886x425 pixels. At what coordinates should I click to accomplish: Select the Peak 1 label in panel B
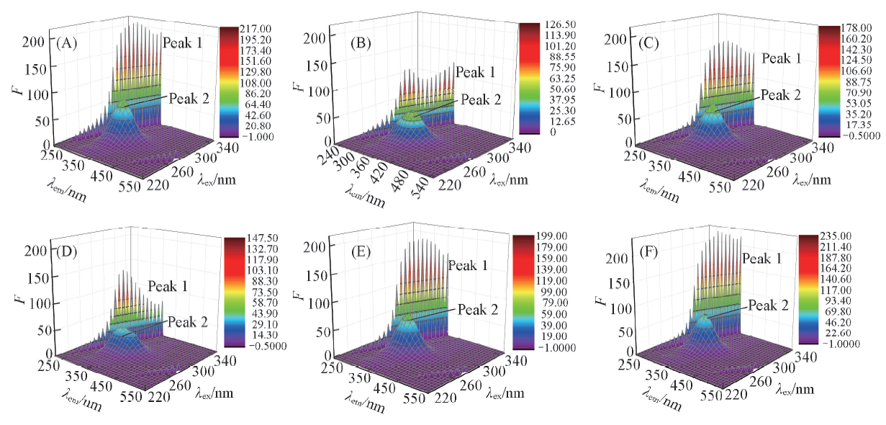coord(475,72)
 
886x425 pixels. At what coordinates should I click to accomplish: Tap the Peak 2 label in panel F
coord(768,305)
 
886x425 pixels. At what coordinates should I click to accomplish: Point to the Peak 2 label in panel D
coord(188,322)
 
